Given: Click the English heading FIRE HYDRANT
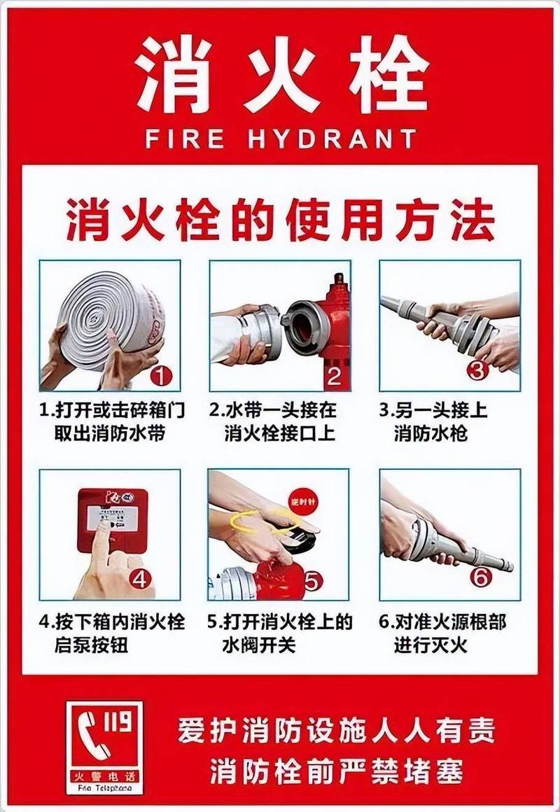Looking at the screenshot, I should [280, 139].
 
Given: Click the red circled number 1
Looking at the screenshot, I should [162, 377].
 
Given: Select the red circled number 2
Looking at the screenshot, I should [334, 377].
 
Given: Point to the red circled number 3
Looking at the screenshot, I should [477, 370].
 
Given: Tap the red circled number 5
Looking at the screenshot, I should [313, 581].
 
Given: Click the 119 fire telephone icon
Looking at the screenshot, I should [104, 747].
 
